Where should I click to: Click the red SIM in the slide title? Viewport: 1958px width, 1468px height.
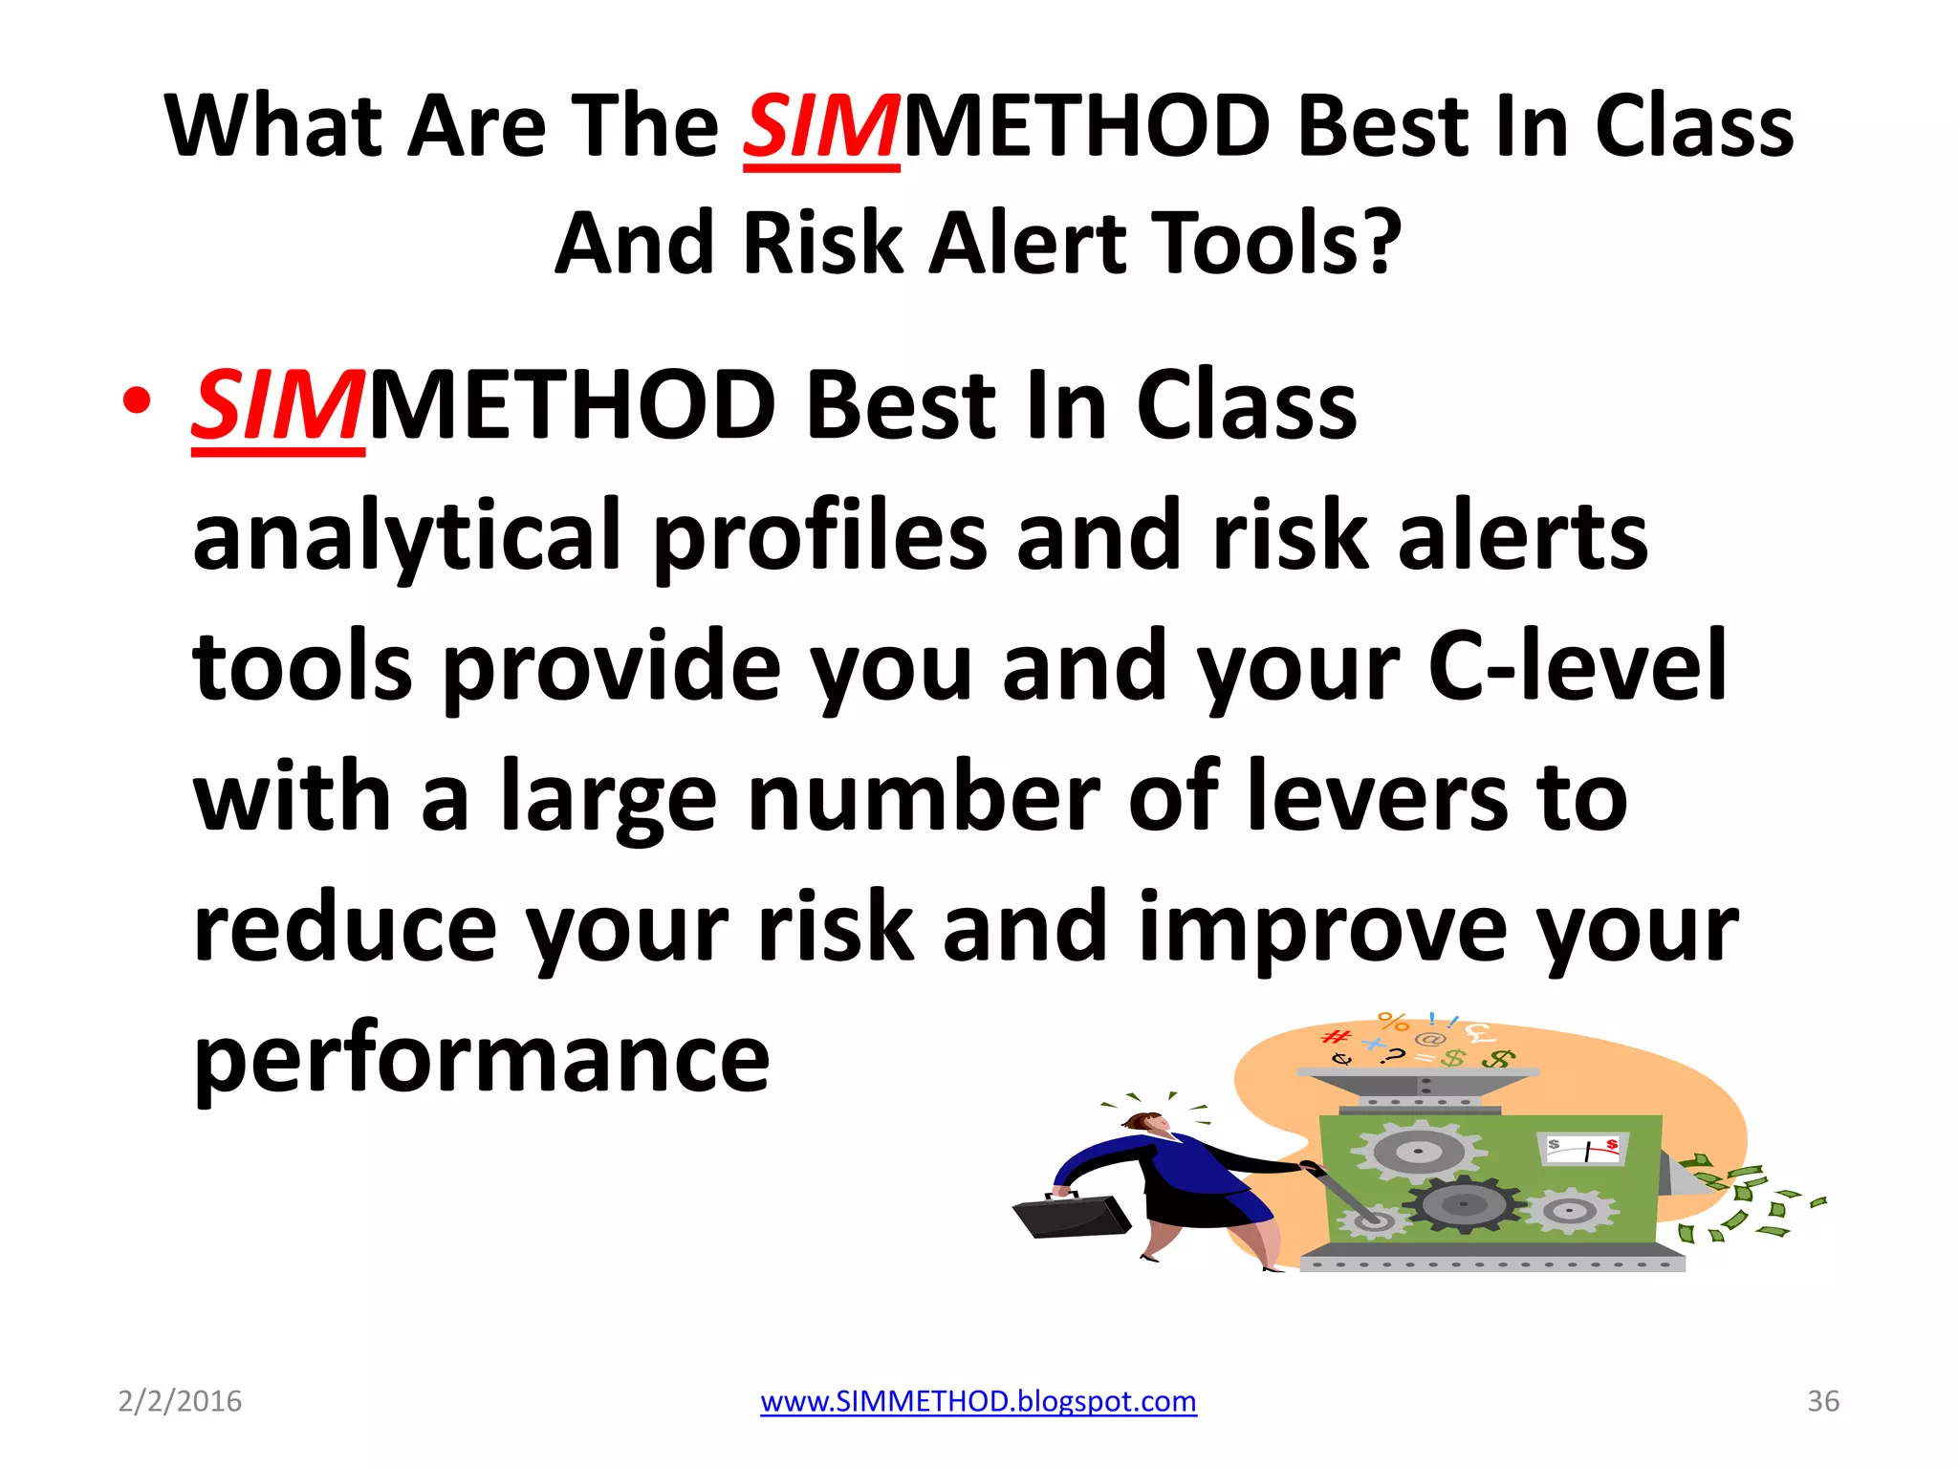820,127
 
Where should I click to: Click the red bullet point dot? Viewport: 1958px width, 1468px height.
137,401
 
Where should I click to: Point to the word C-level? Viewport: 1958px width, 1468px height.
1577,666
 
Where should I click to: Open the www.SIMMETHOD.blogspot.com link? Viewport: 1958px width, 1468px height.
978,1401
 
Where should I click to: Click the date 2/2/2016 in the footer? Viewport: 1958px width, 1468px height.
180,1401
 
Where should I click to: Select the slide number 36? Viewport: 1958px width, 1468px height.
1823,1401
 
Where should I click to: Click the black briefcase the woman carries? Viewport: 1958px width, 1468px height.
1071,1216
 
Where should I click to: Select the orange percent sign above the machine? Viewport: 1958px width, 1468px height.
1394,1022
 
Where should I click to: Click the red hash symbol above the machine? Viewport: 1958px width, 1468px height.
1336,1037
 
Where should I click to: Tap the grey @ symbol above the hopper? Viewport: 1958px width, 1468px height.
1429,1039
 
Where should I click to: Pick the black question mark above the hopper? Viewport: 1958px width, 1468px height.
1397,1056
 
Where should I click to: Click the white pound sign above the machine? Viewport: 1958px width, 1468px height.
1479,1032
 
